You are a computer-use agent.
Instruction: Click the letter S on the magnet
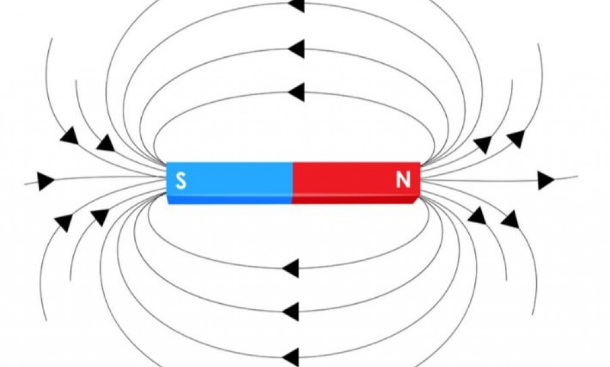(180, 180)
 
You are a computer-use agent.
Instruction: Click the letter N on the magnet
(403, 180)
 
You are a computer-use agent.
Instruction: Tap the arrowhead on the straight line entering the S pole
(45, 180)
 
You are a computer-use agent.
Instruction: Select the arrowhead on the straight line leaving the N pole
(545, 180)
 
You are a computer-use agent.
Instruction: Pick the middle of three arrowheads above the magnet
(296, 48)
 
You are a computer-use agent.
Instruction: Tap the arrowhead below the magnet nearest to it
(291, 269)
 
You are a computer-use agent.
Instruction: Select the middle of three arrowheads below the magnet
(291, 311)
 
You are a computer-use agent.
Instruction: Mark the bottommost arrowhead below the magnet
(291, 356)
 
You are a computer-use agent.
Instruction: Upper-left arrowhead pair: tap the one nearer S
(105, 143)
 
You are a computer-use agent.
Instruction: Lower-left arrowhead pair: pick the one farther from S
(63, 222)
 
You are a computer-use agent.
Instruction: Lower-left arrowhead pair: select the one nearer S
(100, 216)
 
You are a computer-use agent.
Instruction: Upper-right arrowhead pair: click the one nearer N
(483, 144)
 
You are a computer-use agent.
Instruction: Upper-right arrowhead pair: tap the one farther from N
(516, 138)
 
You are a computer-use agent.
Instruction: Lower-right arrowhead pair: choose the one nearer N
(477, 215)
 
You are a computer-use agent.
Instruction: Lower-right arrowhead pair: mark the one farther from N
(510, 220)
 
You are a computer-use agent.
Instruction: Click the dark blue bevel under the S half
(229, 200)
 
